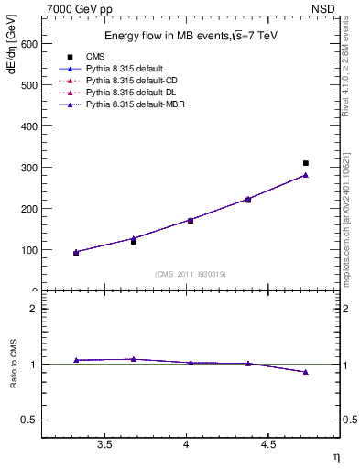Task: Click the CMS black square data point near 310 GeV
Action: tap(306, 163)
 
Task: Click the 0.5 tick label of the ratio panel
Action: tap(29, 420)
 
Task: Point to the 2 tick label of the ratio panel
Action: tap(33, 309)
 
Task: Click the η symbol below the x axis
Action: tap(334, 456)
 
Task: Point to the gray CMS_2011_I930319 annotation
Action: tap(190, 273)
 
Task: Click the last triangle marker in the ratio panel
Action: tap(306, 372)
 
